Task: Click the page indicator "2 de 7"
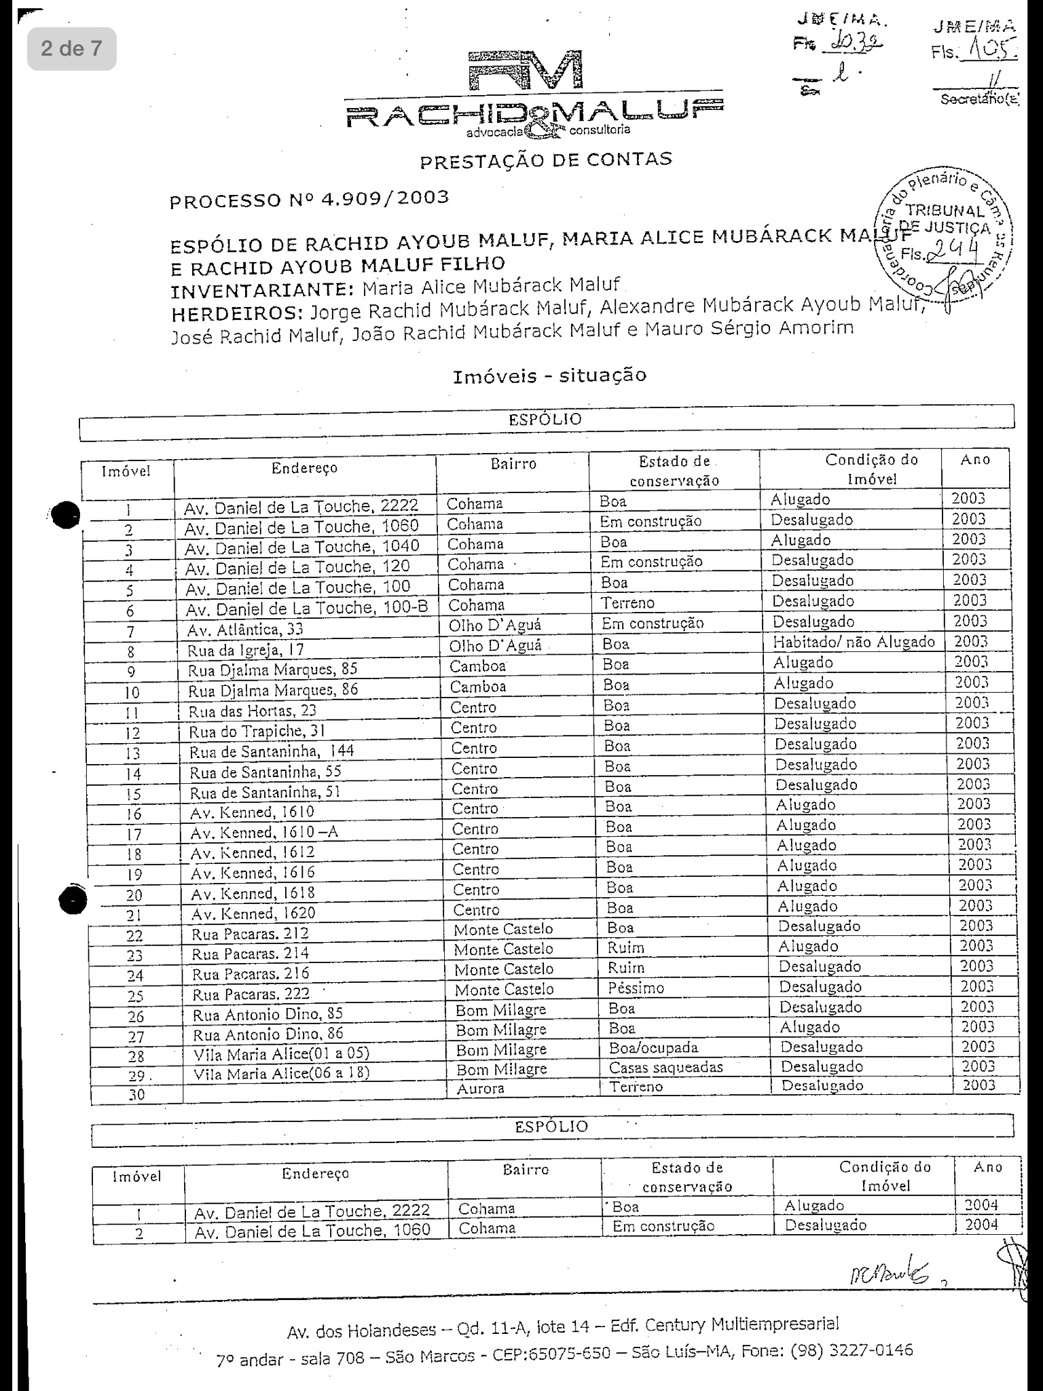coord(71,48)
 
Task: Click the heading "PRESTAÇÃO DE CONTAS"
coord(546,160)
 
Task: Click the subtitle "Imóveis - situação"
coord(549,375)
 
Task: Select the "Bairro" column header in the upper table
coord(513,464)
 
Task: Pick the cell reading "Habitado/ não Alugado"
coord(854,642)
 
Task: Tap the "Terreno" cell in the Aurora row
coord(636,1087)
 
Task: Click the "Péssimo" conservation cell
coord(636,988)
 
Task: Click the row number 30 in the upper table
coord(136,1094)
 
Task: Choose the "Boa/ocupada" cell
coord(653,1047)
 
